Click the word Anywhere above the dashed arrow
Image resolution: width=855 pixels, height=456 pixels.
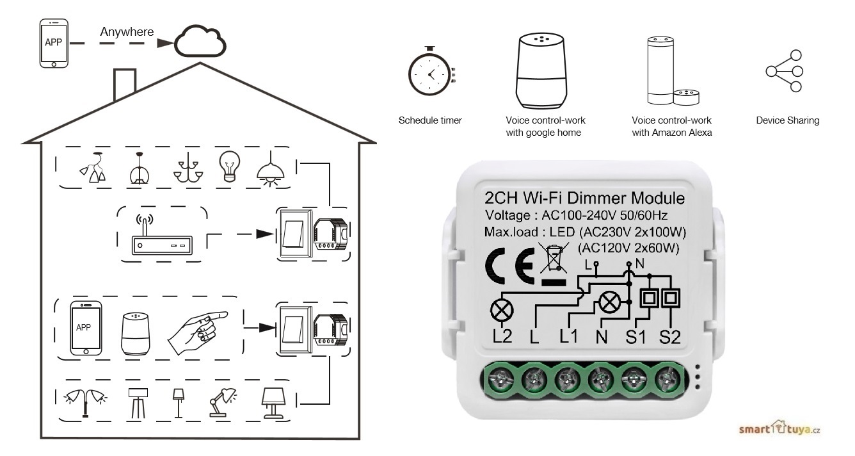pos(127,31)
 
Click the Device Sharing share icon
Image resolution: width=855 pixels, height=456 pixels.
pos(785,71)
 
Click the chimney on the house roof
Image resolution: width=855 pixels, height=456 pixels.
pos(124,84)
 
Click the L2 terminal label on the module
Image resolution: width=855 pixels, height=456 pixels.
pos(502,336)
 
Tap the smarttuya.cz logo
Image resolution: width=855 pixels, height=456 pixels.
pos(779,429)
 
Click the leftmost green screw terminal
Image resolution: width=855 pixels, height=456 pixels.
pos(499,380)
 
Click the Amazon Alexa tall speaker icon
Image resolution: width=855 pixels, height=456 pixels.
pos(659,70)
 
